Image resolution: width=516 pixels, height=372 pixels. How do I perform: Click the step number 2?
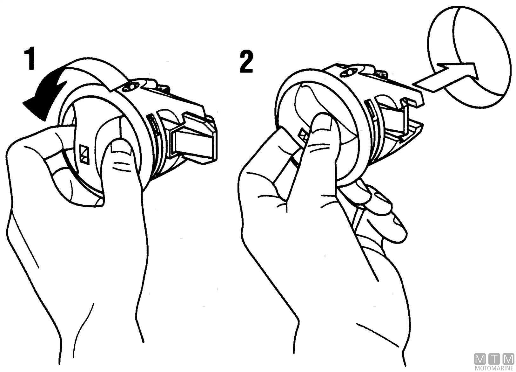(246, 61)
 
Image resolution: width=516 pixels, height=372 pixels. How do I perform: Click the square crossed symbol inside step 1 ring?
(84, 155)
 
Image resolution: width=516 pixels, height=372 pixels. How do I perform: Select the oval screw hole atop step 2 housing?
(348, 72)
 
